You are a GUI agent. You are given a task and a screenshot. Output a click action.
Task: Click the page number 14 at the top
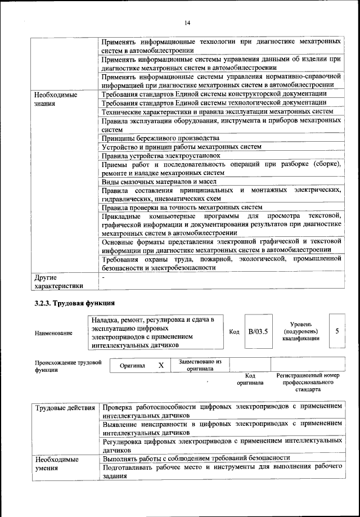point(187,23)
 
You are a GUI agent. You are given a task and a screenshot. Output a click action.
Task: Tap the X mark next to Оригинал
point(161,365)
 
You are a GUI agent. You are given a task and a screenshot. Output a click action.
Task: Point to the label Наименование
point(53,333)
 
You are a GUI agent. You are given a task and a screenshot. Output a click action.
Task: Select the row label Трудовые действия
point(64,407)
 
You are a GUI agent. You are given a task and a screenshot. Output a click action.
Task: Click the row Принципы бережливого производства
point(160,138)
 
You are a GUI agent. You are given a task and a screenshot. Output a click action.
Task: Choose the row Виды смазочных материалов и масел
point(159,182)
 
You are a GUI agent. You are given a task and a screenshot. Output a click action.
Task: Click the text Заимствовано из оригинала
point(200,365)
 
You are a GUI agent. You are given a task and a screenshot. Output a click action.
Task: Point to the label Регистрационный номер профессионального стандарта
point(308,382)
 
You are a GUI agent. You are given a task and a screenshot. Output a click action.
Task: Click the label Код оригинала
point(251,379)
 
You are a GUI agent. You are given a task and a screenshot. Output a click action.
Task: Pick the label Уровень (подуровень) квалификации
point(306,331)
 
